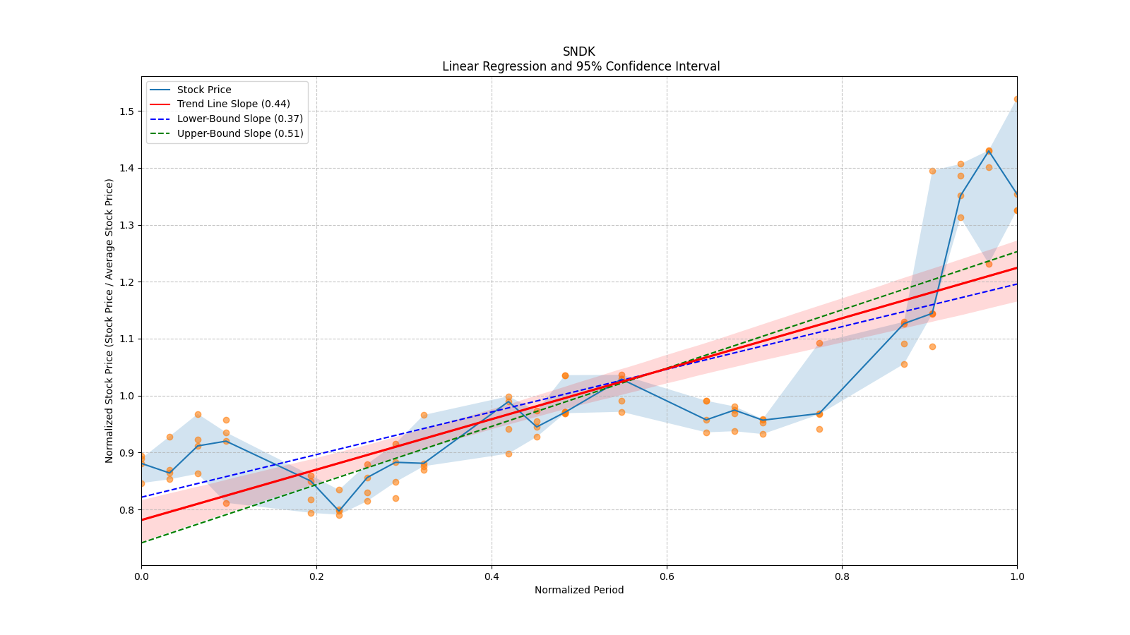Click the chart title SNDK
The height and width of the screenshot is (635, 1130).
coord(578,52)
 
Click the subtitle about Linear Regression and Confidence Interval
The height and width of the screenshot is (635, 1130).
coord(581,66)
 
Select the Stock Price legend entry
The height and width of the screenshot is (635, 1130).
coord(204,90)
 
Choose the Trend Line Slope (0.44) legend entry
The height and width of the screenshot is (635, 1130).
coord(233,104)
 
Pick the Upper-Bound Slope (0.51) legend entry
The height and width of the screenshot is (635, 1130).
coord(240,133)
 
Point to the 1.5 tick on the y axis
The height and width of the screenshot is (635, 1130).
coord(126,111)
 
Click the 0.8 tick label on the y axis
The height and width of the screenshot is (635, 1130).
coord(126,509)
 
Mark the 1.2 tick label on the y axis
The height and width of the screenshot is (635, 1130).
coord(126,282)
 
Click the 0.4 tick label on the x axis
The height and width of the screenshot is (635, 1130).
coord(492,576)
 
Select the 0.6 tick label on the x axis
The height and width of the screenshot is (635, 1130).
coord(667,576)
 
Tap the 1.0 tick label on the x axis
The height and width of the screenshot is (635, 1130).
coord(1017,576)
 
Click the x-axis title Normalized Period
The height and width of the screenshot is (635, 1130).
coord(579,590)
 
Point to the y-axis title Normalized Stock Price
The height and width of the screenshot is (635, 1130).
coord(109,320)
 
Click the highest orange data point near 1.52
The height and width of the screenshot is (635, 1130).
coord(1016,99)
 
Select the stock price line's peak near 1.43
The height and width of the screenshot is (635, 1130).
coord(989,151)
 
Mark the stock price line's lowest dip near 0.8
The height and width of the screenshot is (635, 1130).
coord(339,510)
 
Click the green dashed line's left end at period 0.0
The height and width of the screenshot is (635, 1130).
coord(142,543)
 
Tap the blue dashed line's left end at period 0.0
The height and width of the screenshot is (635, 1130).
coord(142,497)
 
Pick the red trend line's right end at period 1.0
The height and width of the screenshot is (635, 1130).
coord(1016,268)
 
